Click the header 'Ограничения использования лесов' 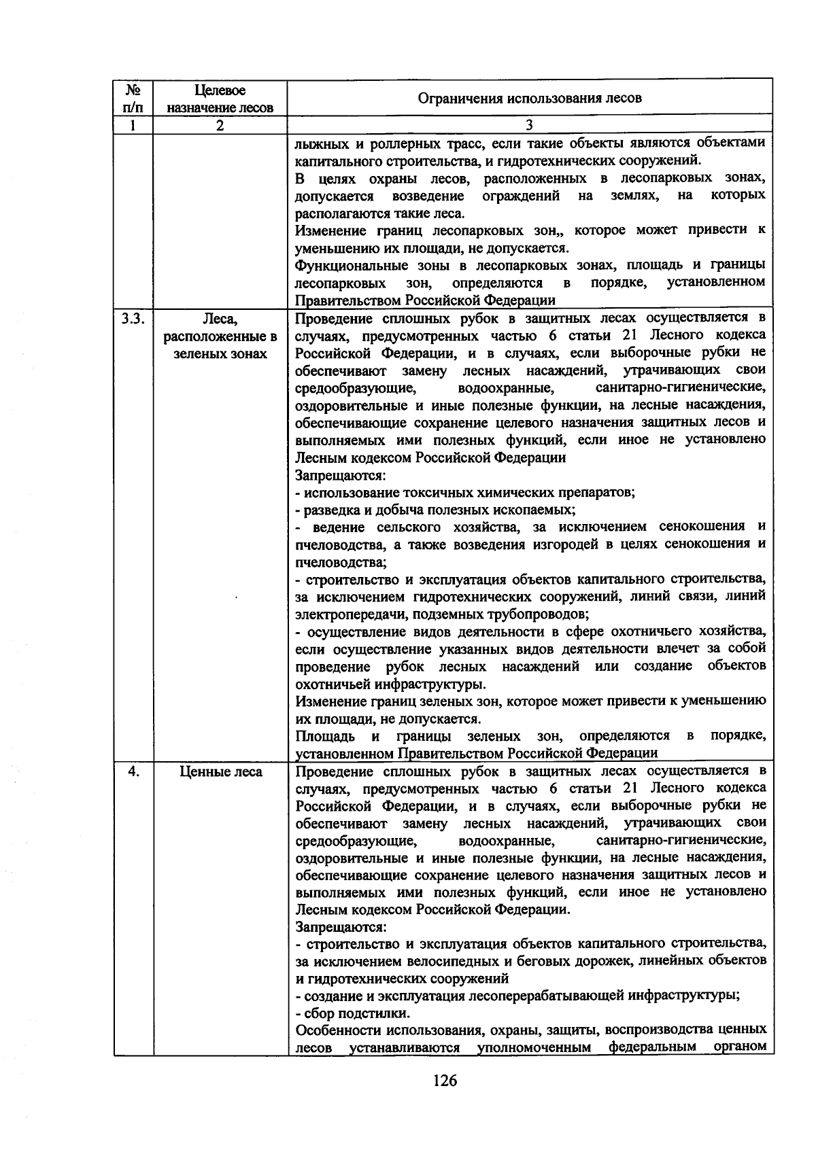tap(529, 98)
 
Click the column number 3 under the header tap(529, 125)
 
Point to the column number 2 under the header tap(220, 125)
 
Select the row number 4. tap(134, 771)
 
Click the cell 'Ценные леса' tap(220, 772)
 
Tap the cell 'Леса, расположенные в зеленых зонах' tap(220, 336)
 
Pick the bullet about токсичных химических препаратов tap(465, 492)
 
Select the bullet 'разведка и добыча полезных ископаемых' tap(435, 509)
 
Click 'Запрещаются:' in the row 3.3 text tap(341, 474)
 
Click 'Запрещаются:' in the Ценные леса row tap(341, 926)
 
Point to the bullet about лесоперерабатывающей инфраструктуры tap(517, 996)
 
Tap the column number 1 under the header tap(133, 125)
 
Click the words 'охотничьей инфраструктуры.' tap(391, 684)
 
